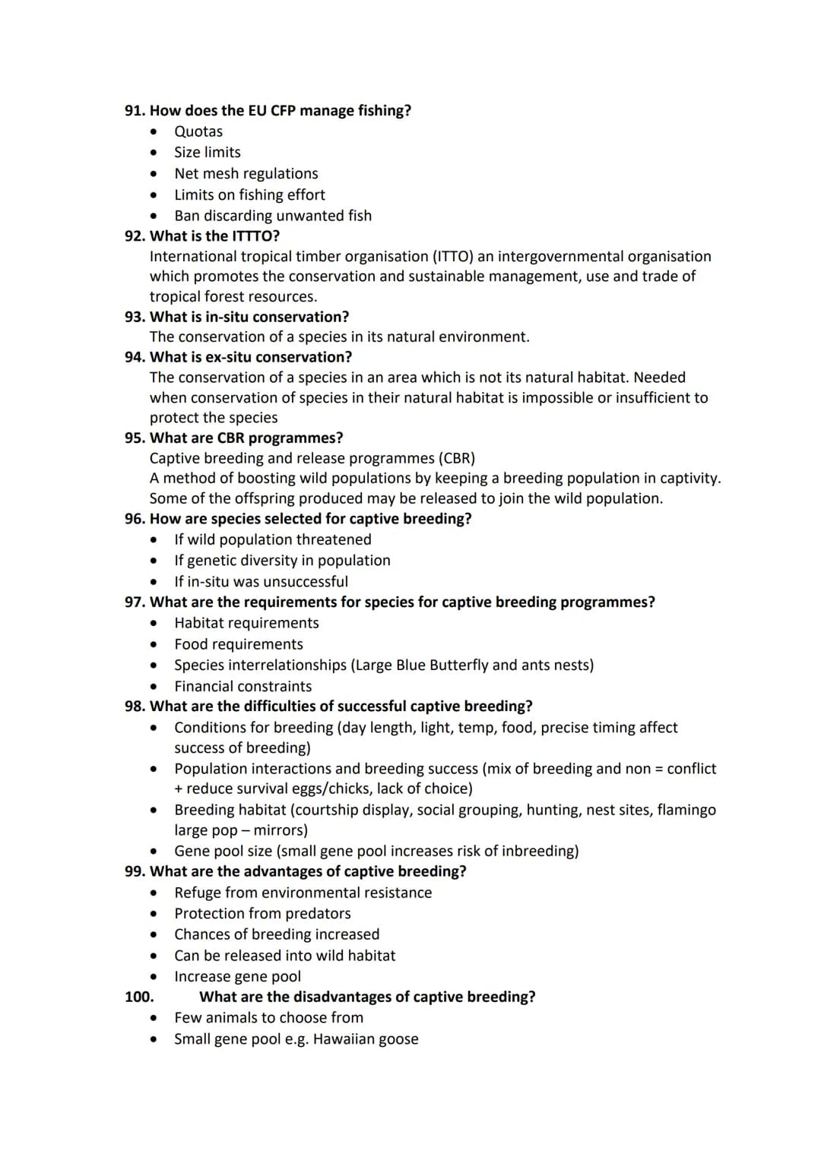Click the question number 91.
pyautogui.click(x=135, y=111)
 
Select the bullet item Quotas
pyautogui.click(x=198, y=131)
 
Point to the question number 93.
pyautogui.click(x=135, y=317)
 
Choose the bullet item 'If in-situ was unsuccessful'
pyautogui.click(x=261, y=581)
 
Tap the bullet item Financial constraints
pyautogui.click(x=242, y=686)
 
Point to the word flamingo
pyautogui.click(x=684, y=810)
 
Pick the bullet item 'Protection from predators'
pyautogui.click(x=262, y=913)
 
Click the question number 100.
pyautogui.click(x=139, y=997)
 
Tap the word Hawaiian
pyautogui.click(x=346, y=1038)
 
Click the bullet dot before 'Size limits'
pyautogui.click(x=154, y=153)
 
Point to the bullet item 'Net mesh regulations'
pyautogui.click(x=246, y=173)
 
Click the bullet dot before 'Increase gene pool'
pyautogui.click(x=154, y=977)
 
